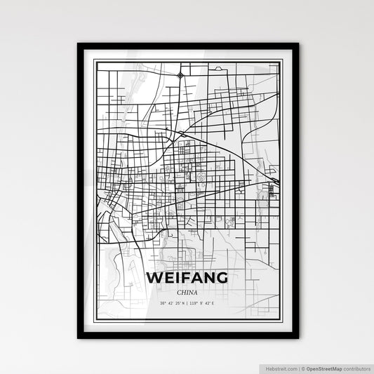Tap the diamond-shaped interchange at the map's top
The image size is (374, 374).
[x=180, y=74]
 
